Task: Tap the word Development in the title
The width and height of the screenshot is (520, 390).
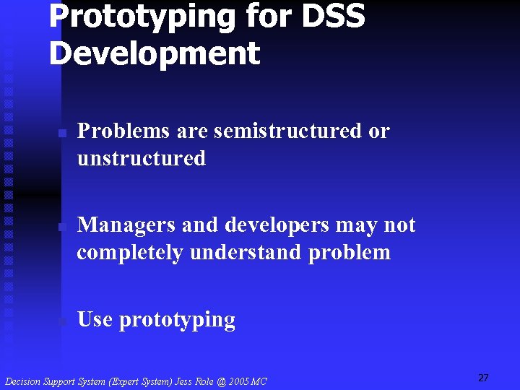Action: [154, 54]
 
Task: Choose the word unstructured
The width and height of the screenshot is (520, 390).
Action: [141, 158]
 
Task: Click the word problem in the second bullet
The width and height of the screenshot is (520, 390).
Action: [350, 253]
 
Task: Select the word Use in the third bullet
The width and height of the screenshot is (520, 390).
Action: [94, 319]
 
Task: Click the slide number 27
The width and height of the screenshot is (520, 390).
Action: [483, 378]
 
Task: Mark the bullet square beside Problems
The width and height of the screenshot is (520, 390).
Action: [63, 134]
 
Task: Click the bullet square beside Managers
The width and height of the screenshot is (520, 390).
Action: [63, 227]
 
